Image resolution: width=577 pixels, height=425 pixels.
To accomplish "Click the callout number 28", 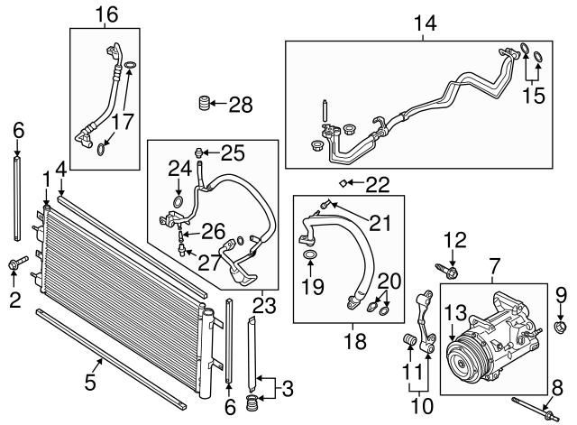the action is coord(241,105).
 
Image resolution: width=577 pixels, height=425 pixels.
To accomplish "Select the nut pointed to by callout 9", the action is coord(560,326).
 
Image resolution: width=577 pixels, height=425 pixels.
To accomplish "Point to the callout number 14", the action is coord(425,23).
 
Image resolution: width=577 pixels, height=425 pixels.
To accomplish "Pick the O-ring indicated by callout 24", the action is coord(179,201).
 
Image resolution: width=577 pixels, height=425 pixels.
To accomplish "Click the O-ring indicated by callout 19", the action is coord(310,254).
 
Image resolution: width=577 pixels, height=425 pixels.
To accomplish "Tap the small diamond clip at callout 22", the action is coord(342,182).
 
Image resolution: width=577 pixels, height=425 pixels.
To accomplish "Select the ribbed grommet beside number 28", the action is coord(205,103).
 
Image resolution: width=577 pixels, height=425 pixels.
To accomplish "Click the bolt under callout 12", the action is coord(446,271).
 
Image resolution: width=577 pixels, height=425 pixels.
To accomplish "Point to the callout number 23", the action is coord(264,305).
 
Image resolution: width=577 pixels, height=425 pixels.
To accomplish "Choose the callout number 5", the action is coord(90,382).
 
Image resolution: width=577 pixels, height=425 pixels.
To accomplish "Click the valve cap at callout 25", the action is coord(198,152).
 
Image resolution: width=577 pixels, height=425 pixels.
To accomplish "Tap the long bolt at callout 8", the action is coord(536,409).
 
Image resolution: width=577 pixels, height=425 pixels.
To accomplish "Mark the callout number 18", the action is coord(355,341).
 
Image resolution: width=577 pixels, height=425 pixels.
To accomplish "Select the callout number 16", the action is coord(106,14).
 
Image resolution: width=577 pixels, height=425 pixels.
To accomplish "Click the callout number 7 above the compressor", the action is coord(494,266).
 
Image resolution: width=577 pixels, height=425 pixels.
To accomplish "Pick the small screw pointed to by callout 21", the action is coord(325,203).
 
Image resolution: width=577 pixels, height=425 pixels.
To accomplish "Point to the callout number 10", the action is coord(421,406).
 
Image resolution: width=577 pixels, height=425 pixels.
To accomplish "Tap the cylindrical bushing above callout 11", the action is coord(410,339).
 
